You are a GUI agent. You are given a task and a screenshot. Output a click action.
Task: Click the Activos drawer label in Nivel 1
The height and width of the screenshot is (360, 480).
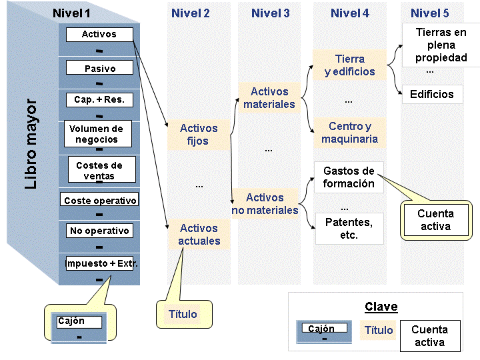[x=99, y=35]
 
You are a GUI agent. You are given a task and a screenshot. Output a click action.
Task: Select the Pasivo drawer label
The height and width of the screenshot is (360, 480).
[x=100, y=68]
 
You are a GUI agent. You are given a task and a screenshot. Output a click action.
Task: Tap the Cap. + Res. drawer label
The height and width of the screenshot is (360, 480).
[x=99, y=100]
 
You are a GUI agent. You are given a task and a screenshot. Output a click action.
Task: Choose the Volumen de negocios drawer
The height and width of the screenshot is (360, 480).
[x=97, y=134]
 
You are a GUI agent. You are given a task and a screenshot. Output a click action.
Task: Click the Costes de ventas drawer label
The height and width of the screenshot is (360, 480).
[x=100, y=171]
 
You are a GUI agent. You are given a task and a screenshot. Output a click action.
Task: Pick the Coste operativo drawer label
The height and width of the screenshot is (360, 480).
[x=100, y=200]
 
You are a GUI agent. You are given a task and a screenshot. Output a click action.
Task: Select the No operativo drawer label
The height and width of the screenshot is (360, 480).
[x=99, y=231]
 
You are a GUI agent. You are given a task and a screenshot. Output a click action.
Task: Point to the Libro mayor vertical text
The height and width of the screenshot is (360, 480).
[x=31, y=145]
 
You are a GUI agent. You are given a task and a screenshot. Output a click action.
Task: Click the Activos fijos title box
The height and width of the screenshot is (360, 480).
[x=199, y=135]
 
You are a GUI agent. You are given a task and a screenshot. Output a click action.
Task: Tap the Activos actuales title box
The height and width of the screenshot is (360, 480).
[x=199, y=234]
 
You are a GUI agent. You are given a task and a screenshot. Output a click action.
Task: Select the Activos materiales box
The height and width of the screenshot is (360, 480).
[x=269, y=98]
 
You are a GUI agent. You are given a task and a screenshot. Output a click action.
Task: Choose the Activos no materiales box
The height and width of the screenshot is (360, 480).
[x=265, y=204]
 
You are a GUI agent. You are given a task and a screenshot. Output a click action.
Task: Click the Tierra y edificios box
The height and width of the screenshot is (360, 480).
[x=350, y=65]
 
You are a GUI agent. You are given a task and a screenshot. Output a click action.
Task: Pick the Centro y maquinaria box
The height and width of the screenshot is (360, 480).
[x=350, y=133]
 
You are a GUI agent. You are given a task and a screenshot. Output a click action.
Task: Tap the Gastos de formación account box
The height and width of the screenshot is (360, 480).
[x=349, y=177]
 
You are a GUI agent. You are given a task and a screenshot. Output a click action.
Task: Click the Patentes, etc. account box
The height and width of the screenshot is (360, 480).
[x=349, y=228]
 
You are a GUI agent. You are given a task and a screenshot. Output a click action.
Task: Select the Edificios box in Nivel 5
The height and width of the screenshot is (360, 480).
[x=432, y=94]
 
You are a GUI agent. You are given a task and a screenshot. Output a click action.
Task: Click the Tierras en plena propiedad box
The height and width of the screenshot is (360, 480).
[x=441, y=45]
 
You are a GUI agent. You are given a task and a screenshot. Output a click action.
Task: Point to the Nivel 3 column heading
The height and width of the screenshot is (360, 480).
[x=270, y=13]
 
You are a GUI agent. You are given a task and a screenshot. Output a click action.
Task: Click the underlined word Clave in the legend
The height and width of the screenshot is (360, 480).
[x=381, y=307]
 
